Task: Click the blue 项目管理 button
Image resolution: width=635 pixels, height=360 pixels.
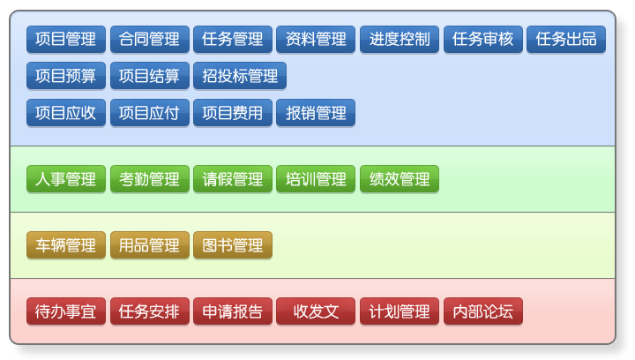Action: coord(66,40)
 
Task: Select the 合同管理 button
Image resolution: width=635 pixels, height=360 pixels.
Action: coord(149,40)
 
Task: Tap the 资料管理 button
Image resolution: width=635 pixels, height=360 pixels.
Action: coord(316,40)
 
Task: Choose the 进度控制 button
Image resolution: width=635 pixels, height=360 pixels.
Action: coord(400,40)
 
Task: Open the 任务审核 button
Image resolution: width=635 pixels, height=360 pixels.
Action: coord(483,40)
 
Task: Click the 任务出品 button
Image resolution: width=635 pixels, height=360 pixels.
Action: coord(566,40)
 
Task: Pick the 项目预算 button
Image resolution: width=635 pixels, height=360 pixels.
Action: coord(66,76)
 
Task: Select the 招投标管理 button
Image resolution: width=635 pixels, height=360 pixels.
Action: coord(240,76)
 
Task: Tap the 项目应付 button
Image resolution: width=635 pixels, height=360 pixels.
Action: coord(149,113)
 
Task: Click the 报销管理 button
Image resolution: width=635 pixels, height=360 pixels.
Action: coord(316,113)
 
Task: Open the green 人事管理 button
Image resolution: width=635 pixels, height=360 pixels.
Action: coord(66,178)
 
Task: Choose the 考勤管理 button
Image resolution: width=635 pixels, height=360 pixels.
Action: coord(149,178)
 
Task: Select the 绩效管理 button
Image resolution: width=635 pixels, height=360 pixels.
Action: coord(400,178)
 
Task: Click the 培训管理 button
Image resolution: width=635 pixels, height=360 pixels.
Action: coord(316,178)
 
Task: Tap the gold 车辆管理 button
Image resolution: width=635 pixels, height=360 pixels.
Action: coord(66,245)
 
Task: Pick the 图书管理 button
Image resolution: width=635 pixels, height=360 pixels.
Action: coord(233,245)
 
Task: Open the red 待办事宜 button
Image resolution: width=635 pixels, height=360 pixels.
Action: coord(66,311)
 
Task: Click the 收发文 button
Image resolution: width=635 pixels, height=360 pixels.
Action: coord(316,311)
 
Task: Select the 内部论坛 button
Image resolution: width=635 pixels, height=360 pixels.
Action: coord(483,311)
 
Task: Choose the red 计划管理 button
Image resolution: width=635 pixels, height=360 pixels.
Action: coord(400,311)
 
